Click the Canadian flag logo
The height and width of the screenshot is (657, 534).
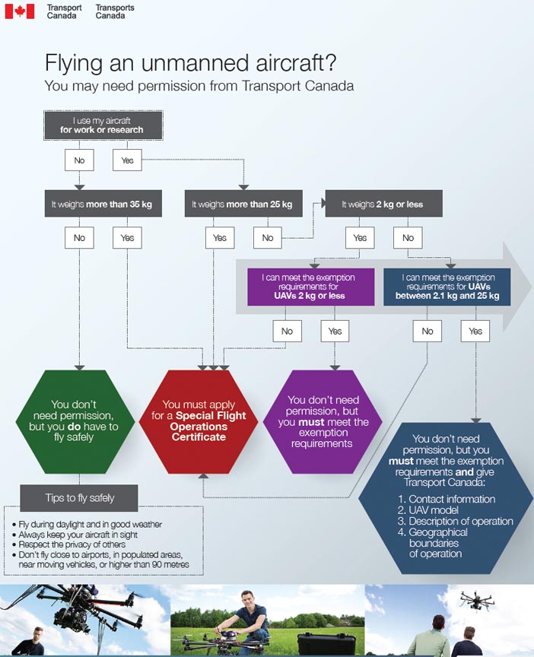[x=20, y=11]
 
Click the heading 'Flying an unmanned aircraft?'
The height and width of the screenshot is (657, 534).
[x=190, y=62]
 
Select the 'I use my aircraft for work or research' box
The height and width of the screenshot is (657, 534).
[x=103, y=125]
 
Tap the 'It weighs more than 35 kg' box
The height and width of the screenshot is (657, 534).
[x=103, y=204]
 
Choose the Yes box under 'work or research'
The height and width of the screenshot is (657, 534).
[x=127, y=160]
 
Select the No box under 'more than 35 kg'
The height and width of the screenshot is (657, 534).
[x=79, y=238]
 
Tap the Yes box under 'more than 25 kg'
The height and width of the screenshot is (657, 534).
[x=219, y=238]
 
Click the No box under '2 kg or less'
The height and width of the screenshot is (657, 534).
[x=408, y=238]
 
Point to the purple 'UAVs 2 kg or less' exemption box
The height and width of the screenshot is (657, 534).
[x=310, y=287]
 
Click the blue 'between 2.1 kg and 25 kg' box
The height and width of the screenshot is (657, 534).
[x=447, y=287]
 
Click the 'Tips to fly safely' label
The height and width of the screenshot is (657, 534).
[x=80, y=498]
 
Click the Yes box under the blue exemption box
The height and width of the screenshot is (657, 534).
[x=475, y=331]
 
